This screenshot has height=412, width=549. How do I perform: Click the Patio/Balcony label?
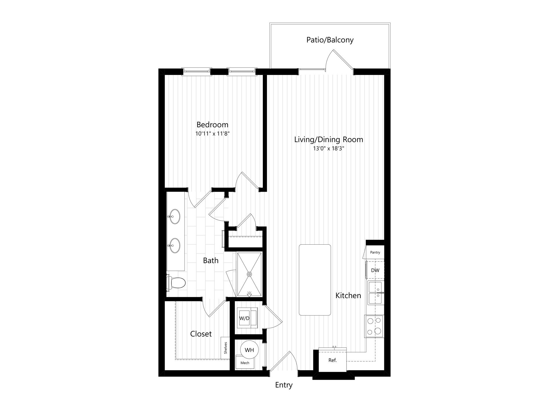coord(330,40)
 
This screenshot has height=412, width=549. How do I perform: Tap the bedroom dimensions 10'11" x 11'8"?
coord(212,134)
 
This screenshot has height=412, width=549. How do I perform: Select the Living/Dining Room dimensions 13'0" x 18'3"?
coord(329,148)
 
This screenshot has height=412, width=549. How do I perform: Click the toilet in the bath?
coord(176,283)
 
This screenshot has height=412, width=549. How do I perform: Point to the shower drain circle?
coord(250,274)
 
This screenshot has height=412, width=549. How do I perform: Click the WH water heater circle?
coord(249,350)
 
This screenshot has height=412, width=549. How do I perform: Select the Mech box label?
coord(245,363)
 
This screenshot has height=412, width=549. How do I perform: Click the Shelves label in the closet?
coord(226,348)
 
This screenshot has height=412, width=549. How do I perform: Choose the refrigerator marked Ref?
coord(333,360)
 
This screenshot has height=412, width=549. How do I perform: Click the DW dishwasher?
coord(375,270)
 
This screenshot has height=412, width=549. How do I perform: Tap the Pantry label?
coord(375,252)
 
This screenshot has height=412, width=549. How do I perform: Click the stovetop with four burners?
coord(374,326)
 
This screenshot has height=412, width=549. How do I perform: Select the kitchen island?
coord(315,280)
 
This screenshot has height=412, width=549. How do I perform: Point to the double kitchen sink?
coord(376,293)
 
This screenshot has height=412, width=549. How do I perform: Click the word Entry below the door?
coord(284,385)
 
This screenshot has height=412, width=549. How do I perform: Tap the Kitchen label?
coord(348,296)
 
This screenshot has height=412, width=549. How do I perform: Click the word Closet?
coord(201,334)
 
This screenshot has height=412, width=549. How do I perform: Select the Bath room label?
coord(211,261)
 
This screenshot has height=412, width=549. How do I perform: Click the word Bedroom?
coord(212,125)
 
